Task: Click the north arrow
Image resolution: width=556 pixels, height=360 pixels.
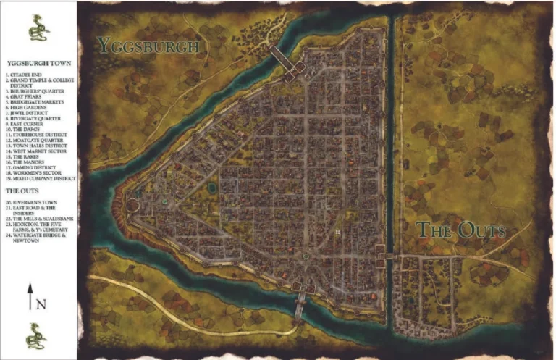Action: coord(30,298)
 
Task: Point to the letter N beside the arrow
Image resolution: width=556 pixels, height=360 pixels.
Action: coord(41,304)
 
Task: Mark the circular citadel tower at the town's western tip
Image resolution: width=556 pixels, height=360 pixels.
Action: coord(133,205)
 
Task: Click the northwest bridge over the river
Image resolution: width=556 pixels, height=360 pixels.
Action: coord(282,61)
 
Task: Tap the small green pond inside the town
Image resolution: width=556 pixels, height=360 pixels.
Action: coord(211,188)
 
